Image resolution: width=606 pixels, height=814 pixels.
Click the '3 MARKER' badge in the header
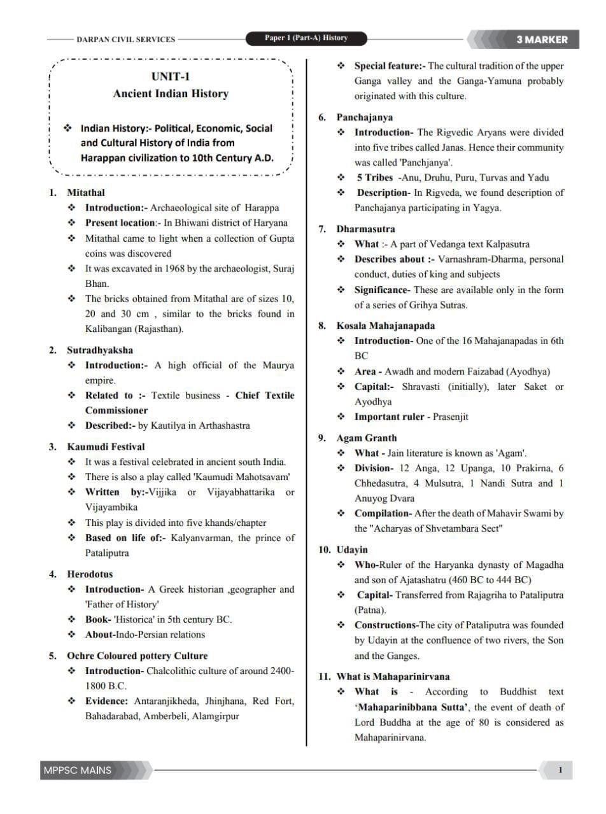542,39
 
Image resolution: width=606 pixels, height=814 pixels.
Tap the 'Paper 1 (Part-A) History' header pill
306,38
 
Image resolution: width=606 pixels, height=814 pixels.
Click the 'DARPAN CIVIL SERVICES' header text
125,39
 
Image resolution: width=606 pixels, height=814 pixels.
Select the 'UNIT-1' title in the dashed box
171,77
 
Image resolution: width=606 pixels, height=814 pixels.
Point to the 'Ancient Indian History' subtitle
171,93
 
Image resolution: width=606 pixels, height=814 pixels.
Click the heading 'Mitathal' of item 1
86,192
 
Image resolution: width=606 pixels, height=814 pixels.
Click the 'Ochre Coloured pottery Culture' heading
137,655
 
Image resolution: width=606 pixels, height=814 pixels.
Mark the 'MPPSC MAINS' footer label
77,770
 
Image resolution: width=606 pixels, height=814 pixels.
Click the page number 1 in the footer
560,770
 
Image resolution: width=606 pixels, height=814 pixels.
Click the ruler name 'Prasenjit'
451,417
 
